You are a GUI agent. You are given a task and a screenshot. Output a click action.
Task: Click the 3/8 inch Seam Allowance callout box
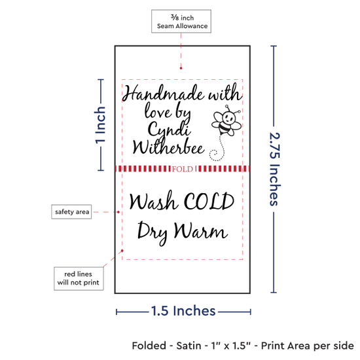pos(181,21)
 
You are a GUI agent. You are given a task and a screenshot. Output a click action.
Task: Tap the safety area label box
pos(71,211)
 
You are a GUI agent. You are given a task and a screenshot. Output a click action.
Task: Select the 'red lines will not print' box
pos(79,278)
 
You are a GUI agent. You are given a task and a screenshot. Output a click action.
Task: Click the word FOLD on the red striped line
pos(183,169)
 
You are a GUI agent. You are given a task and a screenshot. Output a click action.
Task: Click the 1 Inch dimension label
pos(100,125)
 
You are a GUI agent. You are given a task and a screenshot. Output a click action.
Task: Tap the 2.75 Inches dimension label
pos(274,169)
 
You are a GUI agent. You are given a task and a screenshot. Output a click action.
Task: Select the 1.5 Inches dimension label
pos(183,311)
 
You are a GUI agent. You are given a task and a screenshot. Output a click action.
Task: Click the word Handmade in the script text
pos(163,93)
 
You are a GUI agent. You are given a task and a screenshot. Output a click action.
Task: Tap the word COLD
pos(209,202)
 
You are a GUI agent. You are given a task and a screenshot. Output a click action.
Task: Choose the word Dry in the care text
pos(153,232)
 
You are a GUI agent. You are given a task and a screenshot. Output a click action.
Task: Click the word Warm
pos(201,230)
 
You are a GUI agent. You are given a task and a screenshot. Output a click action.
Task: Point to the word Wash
pos(153,200)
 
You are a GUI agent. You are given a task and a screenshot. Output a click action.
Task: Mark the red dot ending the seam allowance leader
pos(181,68)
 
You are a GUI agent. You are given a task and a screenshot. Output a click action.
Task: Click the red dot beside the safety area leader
pos(118,212)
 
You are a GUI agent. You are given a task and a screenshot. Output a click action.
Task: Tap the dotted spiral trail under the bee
pos(217,149)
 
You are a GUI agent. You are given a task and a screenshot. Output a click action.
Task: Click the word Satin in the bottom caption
pos(189,346)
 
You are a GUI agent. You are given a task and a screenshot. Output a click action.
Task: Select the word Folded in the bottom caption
pos(149,346)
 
